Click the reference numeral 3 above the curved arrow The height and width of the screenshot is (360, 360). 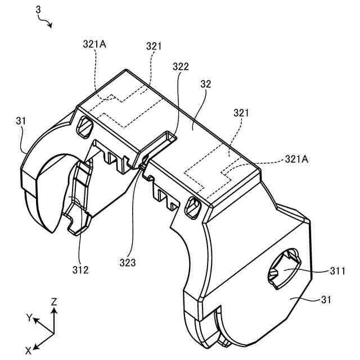(x=38, y=10)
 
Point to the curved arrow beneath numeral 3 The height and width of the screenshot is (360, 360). (x=47, y=22)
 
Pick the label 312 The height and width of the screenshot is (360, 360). (x=80, y=270)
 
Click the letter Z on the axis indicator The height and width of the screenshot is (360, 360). (x=54, y=301)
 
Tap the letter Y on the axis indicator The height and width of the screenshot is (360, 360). (x=29, y=317)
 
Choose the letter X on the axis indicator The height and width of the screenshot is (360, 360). (x=29, y=350)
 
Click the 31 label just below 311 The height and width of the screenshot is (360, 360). (x=326, y=301)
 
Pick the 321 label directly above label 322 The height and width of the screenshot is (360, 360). (x=154, y=46)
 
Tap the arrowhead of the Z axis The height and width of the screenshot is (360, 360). (x=54, y=310)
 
